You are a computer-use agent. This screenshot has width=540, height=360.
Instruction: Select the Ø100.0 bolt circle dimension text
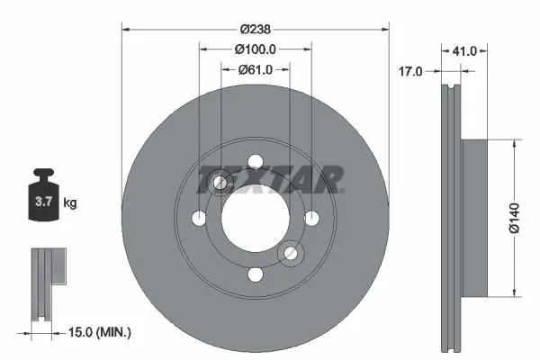pyautogui.click(x=255, y=49)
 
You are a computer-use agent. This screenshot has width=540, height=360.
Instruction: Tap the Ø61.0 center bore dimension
pyautogui.click(x=255, y=69)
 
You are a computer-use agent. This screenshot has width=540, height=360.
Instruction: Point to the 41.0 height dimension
pyautogui.click(x=464, y=52)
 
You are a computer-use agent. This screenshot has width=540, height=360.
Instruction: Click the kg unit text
pyautogui.click(x=70, y=203)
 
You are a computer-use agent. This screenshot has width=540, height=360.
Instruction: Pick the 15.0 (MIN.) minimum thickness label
pyautogui.click(x=98, y=332)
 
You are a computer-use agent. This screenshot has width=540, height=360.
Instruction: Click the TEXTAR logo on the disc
pyautogui.click(x=270, y=179)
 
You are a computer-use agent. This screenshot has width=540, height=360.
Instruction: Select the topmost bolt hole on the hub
pyautogui.click(x=255, y=162)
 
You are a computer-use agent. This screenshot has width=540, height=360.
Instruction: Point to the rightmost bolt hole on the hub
pyautogui.click(x=311, y=219)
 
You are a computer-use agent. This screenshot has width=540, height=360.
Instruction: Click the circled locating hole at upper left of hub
pyautogui.click(x=220, y=184)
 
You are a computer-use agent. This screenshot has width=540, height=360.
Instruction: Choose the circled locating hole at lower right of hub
pyautogui.click(x=290, y=255)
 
